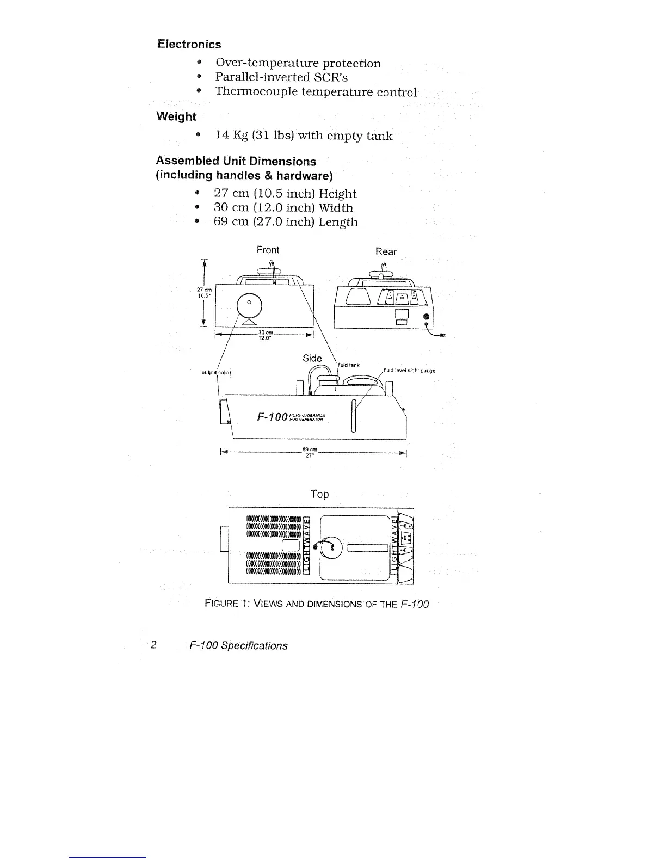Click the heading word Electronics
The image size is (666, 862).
pos(189,44)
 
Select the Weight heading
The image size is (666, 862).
pos(176,116)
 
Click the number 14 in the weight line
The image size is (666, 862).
pos(223,136)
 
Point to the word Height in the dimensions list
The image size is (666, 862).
pos(337,194)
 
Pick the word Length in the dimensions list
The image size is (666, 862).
pos(338,222)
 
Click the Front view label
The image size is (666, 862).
pos(268,250)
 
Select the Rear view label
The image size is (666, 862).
pos(386,251)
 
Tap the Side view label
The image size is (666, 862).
pos(312,358)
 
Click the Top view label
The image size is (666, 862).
pos(319,494)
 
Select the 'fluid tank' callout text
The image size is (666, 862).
pos(349,365)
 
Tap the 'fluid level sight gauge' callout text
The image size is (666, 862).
pos(409,371)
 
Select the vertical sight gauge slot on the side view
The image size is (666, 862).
pos(354,416)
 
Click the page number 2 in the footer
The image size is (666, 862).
pos(154,645)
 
